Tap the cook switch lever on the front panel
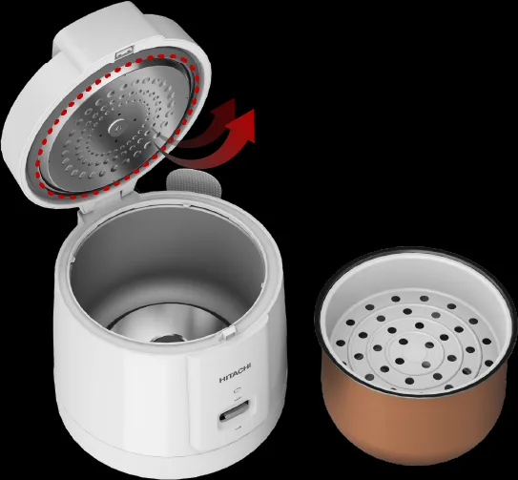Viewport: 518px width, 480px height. (x=235, y=411)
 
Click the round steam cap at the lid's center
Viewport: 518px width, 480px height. (x=117, y=127)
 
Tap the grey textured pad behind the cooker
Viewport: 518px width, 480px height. (x=194, y=182)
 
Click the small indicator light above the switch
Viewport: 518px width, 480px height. (x=237, y=390)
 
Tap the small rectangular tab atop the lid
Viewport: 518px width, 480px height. (x=124, y=52)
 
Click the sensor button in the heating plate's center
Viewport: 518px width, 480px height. (x=167, y=338)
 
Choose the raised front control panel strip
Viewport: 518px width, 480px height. (x=231, y=397)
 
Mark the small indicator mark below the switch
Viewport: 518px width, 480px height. (x=237, y=428)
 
